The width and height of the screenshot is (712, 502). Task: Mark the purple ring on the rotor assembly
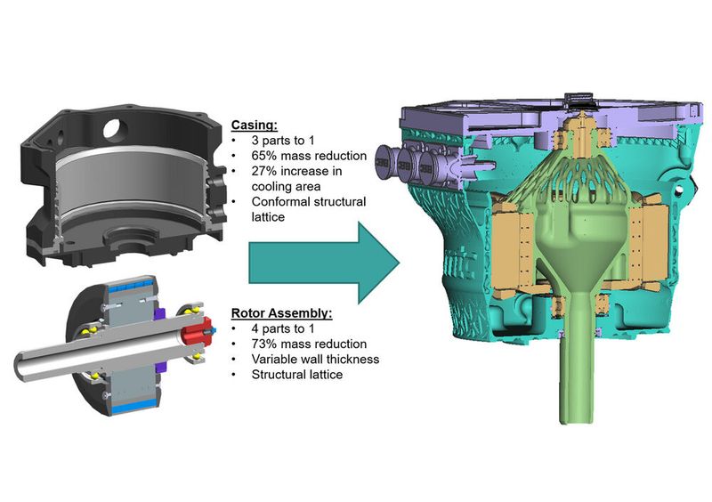(x=161, y=314)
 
